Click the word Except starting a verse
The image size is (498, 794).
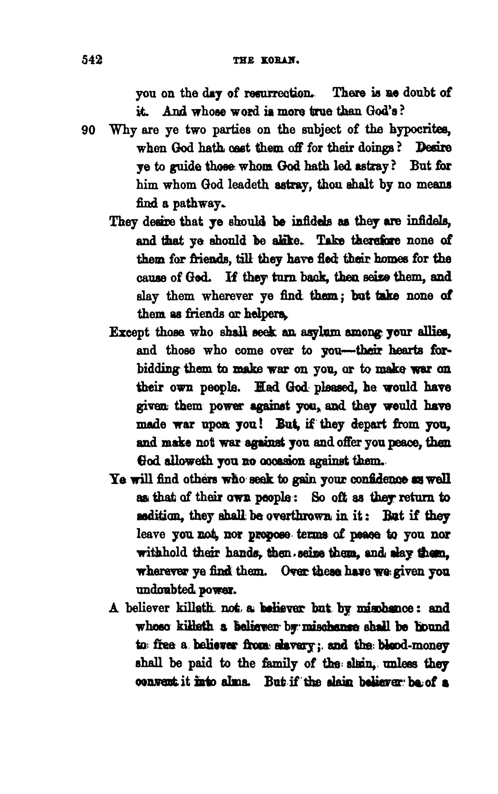130,332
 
